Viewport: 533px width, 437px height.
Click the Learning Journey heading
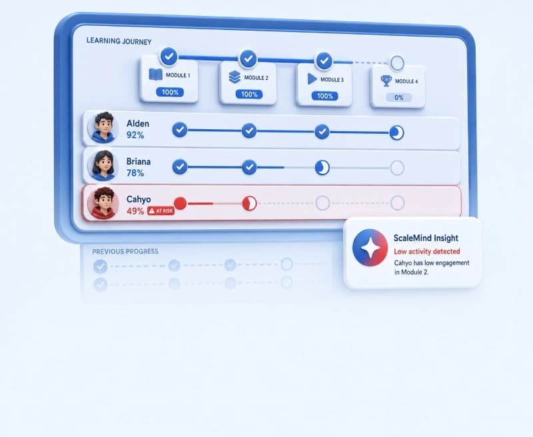119,41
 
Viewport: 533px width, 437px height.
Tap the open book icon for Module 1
156,75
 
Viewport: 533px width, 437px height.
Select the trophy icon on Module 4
386,81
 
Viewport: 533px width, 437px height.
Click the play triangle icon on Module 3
312,79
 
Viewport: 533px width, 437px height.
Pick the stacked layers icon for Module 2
235,77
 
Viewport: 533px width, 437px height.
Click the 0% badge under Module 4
398,98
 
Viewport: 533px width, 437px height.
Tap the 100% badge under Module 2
249,94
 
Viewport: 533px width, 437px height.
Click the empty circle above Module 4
397,63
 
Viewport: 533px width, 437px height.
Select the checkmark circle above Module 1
169,56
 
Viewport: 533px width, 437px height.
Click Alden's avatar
103,128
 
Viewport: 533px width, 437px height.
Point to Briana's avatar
103,165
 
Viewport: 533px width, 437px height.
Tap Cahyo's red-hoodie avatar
103,203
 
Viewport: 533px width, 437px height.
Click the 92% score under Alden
135,135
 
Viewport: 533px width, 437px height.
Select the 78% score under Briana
135,173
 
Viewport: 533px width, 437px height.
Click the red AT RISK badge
161,211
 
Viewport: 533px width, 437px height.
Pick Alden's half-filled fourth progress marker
396,133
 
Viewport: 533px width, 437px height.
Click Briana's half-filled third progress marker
322,167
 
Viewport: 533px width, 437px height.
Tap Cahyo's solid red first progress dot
180,204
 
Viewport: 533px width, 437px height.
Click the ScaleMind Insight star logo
370,247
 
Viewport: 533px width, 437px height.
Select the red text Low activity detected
427,251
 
